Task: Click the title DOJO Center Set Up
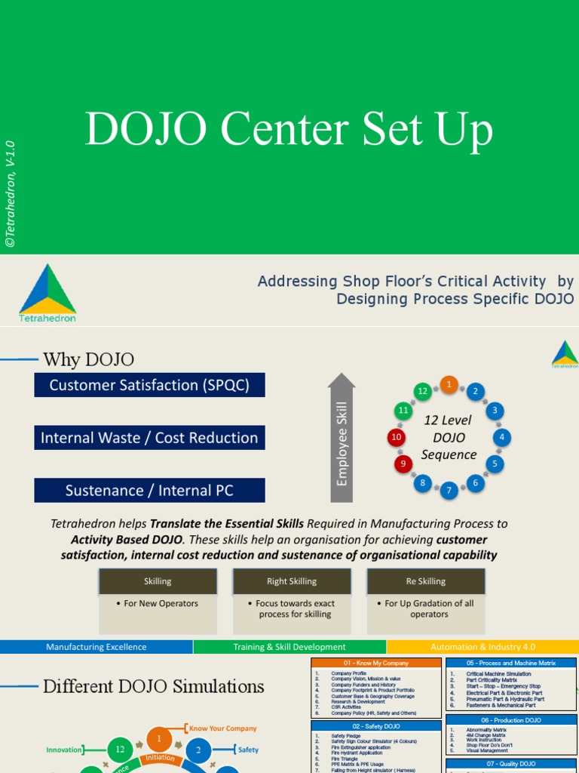pos(289,129)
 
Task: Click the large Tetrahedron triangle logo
pos(47,290)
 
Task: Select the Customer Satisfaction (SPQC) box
pos(149,385)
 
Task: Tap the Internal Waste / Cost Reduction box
pos(149,438)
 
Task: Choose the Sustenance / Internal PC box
pos(149,491)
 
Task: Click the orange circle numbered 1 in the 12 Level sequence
pos(449,384)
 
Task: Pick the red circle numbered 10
pos(397,437)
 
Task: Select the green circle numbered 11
pos(403,411)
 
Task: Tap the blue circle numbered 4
pos(501,437)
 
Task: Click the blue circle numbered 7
pos(449,490)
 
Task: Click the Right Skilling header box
pos(292,581)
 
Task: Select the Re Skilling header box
pos(426,581)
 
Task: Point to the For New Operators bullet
pos(158,604)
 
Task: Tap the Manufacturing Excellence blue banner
pos(96,647)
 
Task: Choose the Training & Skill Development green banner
pos(289,647)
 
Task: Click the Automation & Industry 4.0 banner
pos(482,647)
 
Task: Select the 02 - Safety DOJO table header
pos(376,726)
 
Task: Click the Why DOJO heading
pos(89,359)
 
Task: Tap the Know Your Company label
pos(222,728)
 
